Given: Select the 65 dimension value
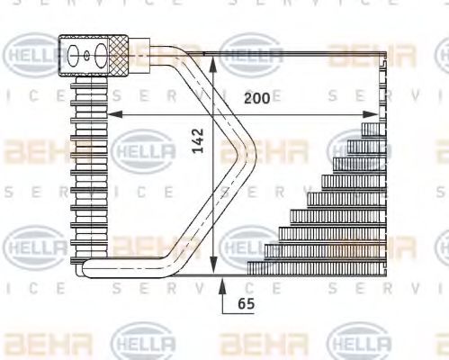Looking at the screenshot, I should point(246,304).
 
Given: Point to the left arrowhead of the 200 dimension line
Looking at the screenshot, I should point(114,114).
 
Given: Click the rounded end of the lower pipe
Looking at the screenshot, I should point(79,267).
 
